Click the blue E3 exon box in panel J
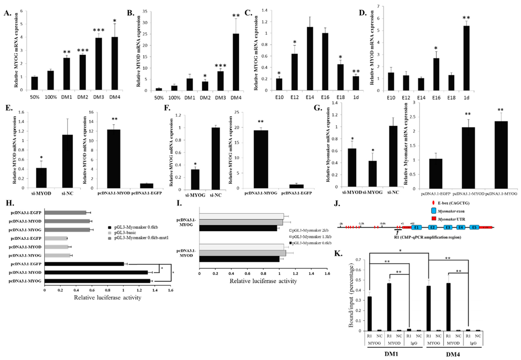pyautogui.click(x=448, y=229)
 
